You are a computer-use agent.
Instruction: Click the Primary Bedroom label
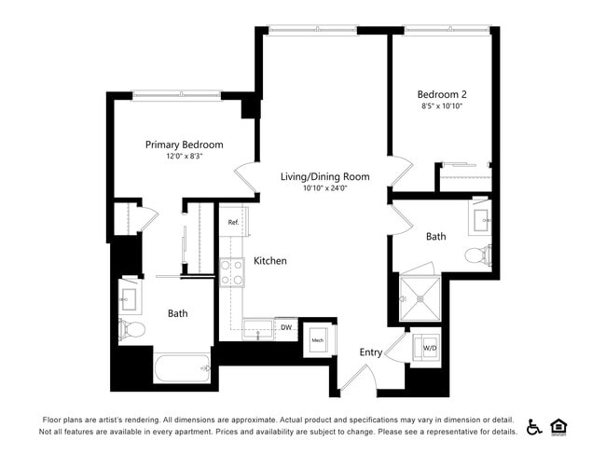coord(184,145)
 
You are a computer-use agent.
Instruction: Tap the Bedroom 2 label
coord(442,94)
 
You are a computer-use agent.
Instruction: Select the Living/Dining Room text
coord(324,176)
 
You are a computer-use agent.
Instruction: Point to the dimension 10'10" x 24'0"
coord(324,188)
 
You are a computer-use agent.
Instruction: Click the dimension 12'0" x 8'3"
coord(184,157)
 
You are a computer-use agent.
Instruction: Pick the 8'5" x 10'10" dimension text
coord(442,106)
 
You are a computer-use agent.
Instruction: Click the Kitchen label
coord(270,261)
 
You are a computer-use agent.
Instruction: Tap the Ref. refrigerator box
coord(233,223)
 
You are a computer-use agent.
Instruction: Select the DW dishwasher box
coord(286,328)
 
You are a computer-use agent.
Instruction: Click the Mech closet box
coord(318,339)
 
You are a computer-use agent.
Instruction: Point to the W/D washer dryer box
coord(429,347)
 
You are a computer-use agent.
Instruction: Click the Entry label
coord(371,352)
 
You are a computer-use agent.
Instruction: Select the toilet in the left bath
coord(131,329)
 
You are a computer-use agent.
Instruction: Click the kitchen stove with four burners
coord(231,271)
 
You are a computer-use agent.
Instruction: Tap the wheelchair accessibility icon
coord(534,426)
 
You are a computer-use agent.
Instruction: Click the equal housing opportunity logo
coord(559,426)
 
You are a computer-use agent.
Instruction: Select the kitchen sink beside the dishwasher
coord(258,329)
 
